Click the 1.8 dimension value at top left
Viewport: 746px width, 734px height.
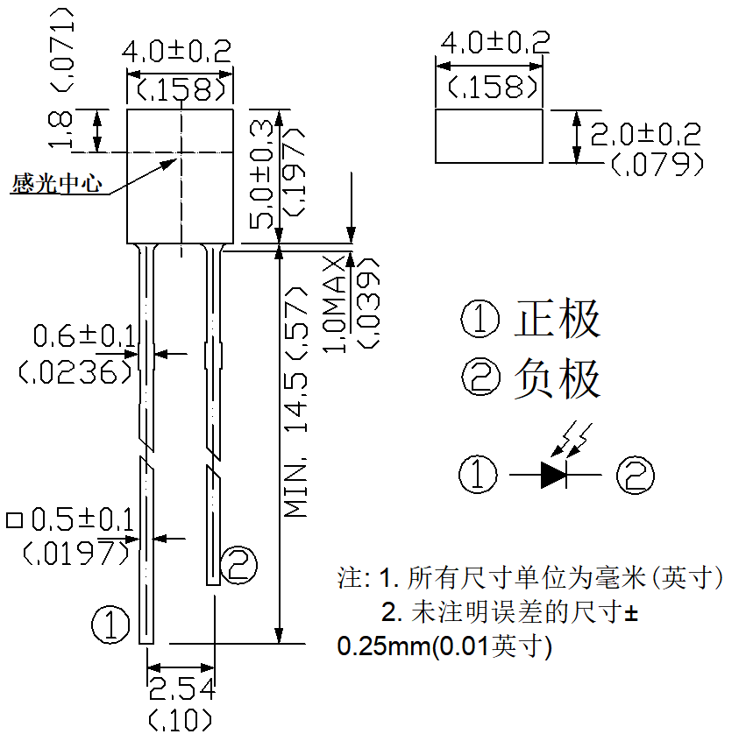point(60,130)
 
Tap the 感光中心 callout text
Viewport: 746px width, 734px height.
point(57,184)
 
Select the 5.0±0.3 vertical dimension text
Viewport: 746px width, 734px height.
point(261,174)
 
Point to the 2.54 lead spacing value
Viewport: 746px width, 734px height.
point(181,689)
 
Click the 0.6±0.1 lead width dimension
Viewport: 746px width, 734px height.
point(84,335)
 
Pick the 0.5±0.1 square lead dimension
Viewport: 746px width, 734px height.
point(82,519)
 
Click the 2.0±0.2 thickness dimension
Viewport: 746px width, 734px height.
point(645,135)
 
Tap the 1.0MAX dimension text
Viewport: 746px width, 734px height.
point(335,304)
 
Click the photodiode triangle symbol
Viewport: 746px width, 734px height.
point(553,475)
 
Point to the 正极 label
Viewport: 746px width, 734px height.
point(558,318)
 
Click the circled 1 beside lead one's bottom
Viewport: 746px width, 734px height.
point(110,625)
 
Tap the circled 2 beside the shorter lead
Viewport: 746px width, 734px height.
point(238,565)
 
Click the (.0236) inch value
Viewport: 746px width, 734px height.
point(75,371)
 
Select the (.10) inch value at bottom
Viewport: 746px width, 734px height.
point(181,720)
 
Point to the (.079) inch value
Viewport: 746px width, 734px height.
point(657,164)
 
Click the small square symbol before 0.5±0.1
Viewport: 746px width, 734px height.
point(14,520)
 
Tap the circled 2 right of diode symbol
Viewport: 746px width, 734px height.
point(636,476)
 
